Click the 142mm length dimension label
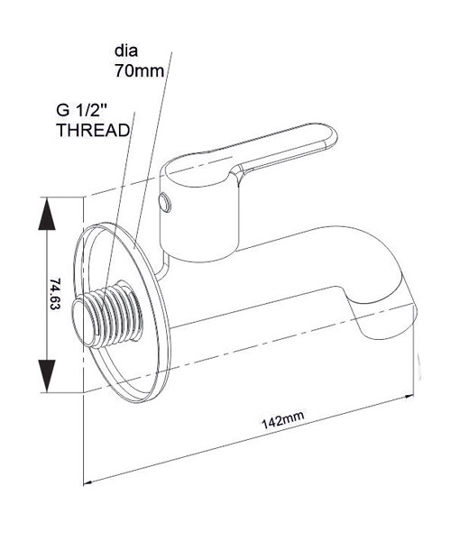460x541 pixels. pos(282,419)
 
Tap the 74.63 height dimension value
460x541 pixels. pos(55,294)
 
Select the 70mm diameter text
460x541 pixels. pos(140,71)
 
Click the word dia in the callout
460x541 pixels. pos(126,50)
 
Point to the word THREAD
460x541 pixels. pos(93,131)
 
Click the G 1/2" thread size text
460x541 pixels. pos(82,110)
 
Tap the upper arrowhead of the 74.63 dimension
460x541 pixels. pos(47,214)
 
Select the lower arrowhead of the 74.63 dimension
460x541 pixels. pos(47,376)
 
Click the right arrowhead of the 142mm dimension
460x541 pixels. pos(409,397)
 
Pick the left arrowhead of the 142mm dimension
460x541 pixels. pos(88,481)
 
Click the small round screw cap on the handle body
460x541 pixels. pos(164,204)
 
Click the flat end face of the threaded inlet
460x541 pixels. pos(82,322)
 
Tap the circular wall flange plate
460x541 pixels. pos(123,312)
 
